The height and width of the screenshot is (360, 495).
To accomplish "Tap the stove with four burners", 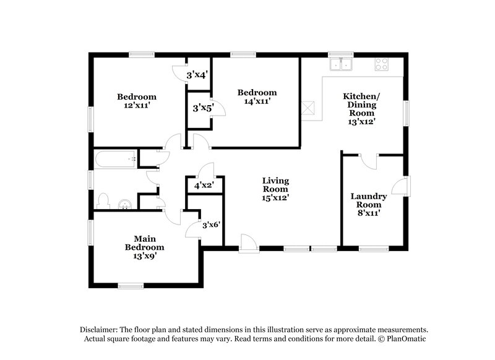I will [381, 64].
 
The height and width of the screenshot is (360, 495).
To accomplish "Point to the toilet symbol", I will [104, 201].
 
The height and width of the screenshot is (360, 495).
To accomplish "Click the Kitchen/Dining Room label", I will [361, 105].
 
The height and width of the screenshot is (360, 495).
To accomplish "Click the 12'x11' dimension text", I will [137, 105].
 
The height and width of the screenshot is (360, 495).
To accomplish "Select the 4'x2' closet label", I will [204, 185].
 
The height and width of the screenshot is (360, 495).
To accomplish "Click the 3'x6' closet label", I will [212, 225].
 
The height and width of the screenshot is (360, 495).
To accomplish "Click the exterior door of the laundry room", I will [402, 186].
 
